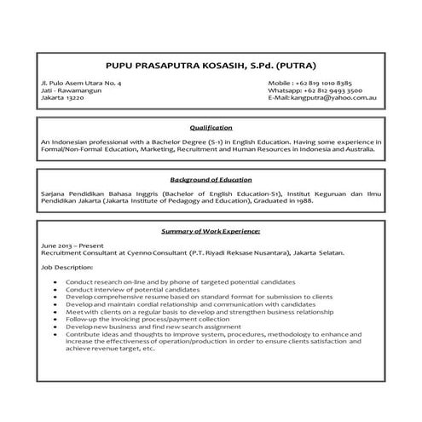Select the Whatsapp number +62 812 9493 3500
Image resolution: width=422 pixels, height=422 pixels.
pyautogui.click(x=315, y=90)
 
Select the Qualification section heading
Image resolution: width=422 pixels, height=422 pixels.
pyautogui.click(x=211, y=127)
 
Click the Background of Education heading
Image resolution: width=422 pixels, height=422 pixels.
pyautogui.click(x=211, y=180)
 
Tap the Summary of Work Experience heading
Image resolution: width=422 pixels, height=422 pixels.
pyautogui.click(x=211, y=231)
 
